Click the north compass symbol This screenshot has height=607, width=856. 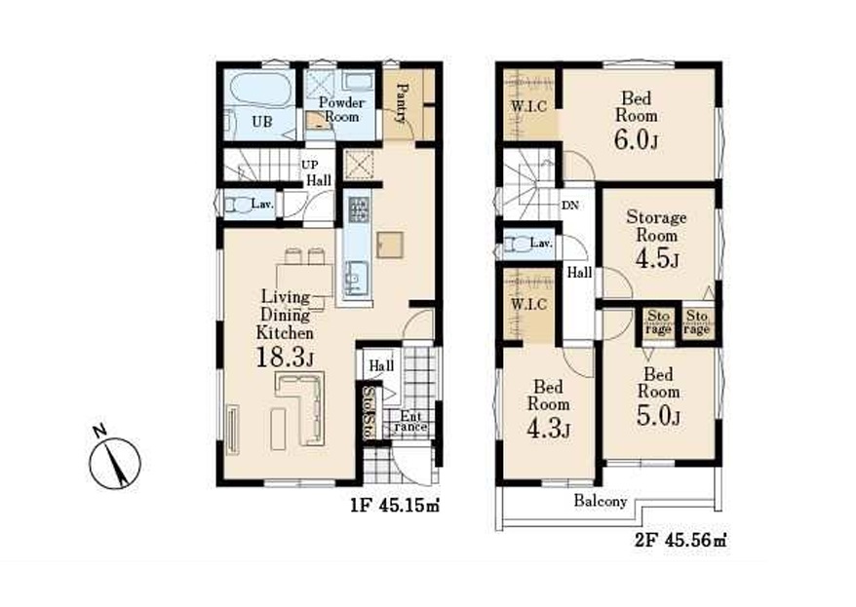pos(115,462)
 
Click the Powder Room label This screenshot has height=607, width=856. pos(341,109)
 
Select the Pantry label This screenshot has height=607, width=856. pos(403,102)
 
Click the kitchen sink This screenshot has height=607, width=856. pos(356,278)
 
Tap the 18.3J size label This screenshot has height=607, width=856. pos(285,358)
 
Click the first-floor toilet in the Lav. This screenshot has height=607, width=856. pos(237,205)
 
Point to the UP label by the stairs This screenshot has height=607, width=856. pos(309,164)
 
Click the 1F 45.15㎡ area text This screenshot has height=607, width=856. pos(395,506)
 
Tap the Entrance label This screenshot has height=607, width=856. pos(410,422)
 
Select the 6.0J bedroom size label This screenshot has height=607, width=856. pos(636,139)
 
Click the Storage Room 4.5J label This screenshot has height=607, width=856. pos(656,239)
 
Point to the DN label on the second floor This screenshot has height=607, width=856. pos(570,206)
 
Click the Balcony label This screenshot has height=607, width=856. pos(600,501)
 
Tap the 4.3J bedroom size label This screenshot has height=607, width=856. pos(548,429)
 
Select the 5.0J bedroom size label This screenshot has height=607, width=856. pos(658,416)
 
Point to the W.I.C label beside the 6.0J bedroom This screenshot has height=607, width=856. pos(528,106)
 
